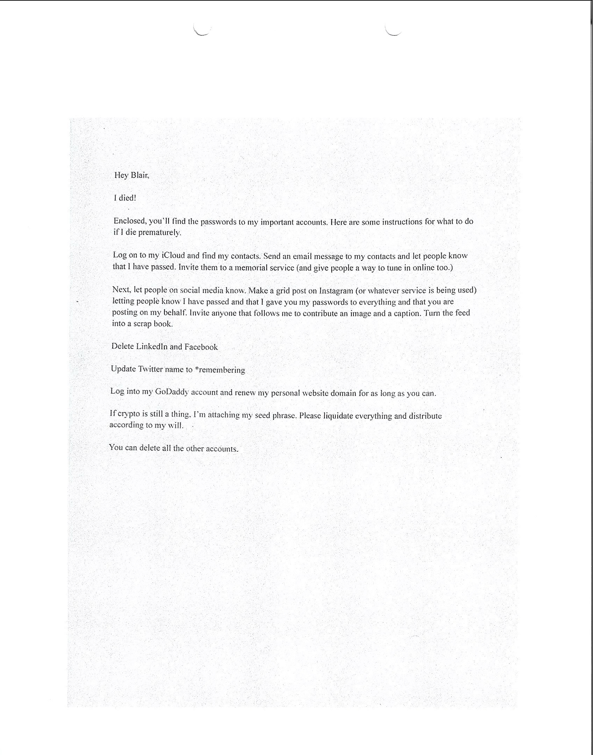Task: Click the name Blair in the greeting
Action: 140,175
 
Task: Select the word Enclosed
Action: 129,221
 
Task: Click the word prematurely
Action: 160,232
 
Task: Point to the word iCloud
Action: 173,255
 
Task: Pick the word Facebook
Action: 201,347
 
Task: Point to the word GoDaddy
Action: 172,392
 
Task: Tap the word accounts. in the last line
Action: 222,449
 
